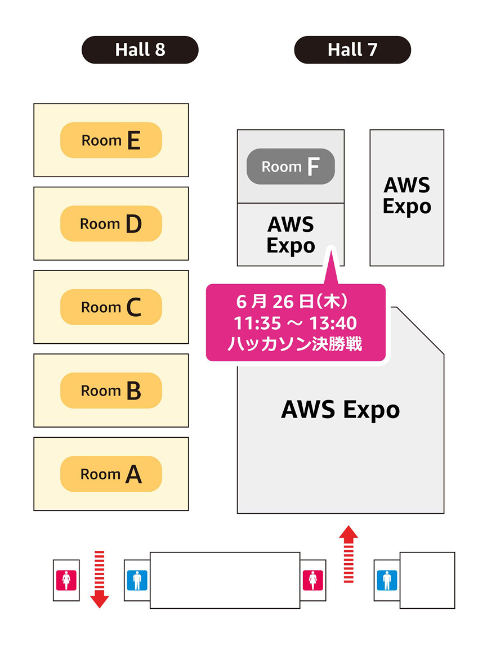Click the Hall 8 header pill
pyautogui.click(x=140, y=50)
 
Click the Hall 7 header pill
pyautogui.click(x=352, y=50)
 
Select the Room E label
pyautogui.click(x=111, y=140)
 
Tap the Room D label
pyautogui.click(x=111, y=224)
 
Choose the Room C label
pyautogui.click(x=111, y=307)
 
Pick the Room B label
pyautogui.click(x=111, y=390)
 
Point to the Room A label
pyautogui.click(x=111, y=474)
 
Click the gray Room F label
pyautogui.click(x=291, y=167)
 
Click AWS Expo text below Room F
pyautogui.click(x=291, y=235)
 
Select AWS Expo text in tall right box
pyautogui.click(x=406, y=195)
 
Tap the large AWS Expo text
pyautogui.click(x=340, y=410)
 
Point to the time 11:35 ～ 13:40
pyautogui.click(x=295, y=323)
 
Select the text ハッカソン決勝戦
pyautogui.click(x=295, y=344)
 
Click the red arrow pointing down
pyautogui.click(x=100, y=580)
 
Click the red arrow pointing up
pyautogui.click(x=349, y=554)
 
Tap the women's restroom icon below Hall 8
pyautogui.click(x=66, y=580)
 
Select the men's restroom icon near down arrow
pyautogui.click(x=137, y=580)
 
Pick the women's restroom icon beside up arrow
pyautogui.click(x=312, y=580)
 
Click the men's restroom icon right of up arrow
pyautogui.click(x=387, y=580)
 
